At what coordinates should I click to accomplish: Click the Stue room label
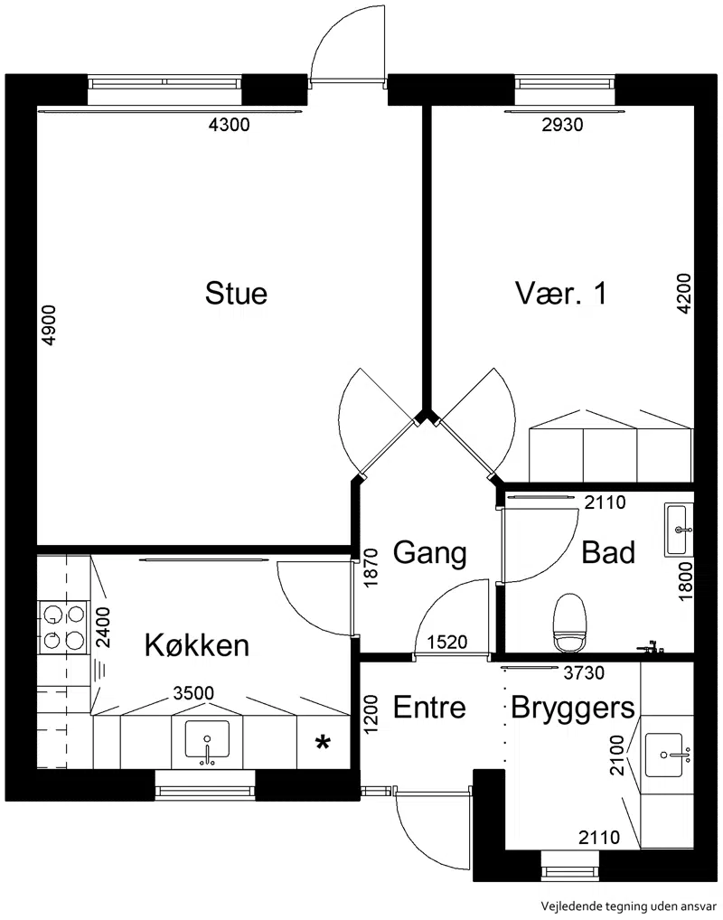point(236,293)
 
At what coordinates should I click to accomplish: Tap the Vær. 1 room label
point(561,293)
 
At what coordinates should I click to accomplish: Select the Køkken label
point(197,645)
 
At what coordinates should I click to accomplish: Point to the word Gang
point(429,553)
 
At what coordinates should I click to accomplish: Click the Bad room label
point(608,552)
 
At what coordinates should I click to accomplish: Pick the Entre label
point(429,707)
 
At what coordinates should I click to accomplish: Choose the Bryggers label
point(573,709)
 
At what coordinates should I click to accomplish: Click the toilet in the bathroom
point(570,623)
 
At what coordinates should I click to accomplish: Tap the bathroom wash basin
point(679,529)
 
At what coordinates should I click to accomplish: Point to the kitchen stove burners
point(63,627)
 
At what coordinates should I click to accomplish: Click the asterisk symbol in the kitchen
point(322,744)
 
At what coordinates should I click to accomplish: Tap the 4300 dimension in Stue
point(230,125)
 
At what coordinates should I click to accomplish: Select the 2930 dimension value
point(562,125)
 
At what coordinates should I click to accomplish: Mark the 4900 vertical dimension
point(50,325)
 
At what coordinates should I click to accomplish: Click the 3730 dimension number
point(584,672)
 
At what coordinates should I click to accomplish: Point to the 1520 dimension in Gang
point(447,643)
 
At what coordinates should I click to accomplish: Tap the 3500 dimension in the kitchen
point(193,693)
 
